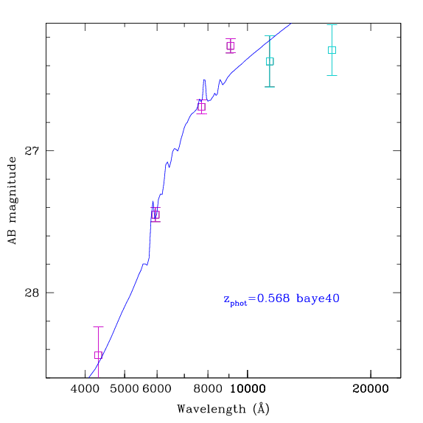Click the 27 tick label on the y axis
[32, 150]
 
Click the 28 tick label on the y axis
[32, 293]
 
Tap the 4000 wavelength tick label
[85, 389]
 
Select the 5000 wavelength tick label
[125, 389]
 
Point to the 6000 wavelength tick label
[157, 389]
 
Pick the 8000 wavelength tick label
[208, 389]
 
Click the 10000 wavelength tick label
[248, 389]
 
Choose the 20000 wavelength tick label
[371, 389]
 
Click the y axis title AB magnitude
[12, 200]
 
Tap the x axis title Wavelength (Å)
[223, 409]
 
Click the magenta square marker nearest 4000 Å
[98, 355]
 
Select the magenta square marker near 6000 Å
[155, 214]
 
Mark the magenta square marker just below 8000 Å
[201, 107]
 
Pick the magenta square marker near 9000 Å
[231, 46]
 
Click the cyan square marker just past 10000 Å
[270, 61]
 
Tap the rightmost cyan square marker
[332, 50]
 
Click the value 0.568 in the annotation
[273, 298]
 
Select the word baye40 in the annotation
[318, 299]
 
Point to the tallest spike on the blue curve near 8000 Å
[204, 80]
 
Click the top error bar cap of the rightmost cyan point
[332, 25]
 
